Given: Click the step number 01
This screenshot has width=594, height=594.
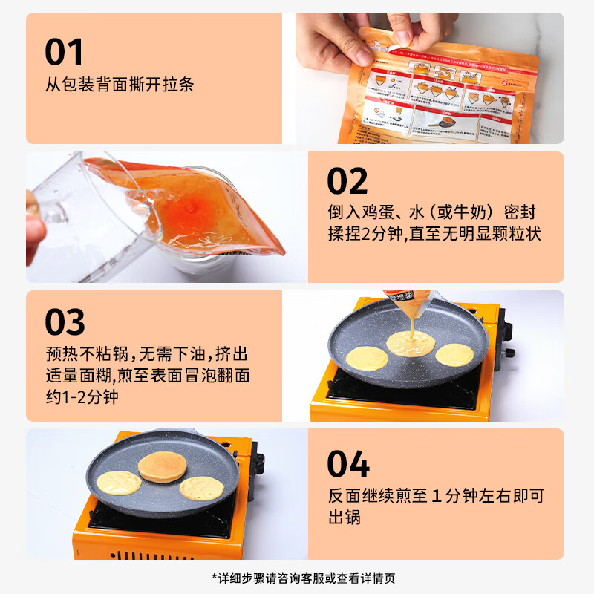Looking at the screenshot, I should pyautogui.click(x=65, y=51).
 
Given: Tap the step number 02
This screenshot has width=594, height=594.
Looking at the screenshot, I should pyautogui.click(x=347, y=181).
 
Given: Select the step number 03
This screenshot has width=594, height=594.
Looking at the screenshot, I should pyautogui.click(x=65, y=322).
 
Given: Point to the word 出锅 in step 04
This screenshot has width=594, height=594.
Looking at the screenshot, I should pyautogui.click(x=345, y=517).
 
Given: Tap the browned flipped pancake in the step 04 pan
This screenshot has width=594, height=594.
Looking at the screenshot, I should pyautogui.click(x=161, y=466).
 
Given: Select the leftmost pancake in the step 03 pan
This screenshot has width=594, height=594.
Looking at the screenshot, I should pyautogui.click(x=367, y=357).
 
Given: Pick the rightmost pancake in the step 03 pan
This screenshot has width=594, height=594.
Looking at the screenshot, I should pyautogui.click(x=454, y=354).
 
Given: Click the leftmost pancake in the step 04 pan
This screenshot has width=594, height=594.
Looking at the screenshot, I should pyautogui.click(x=119, y=483).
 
